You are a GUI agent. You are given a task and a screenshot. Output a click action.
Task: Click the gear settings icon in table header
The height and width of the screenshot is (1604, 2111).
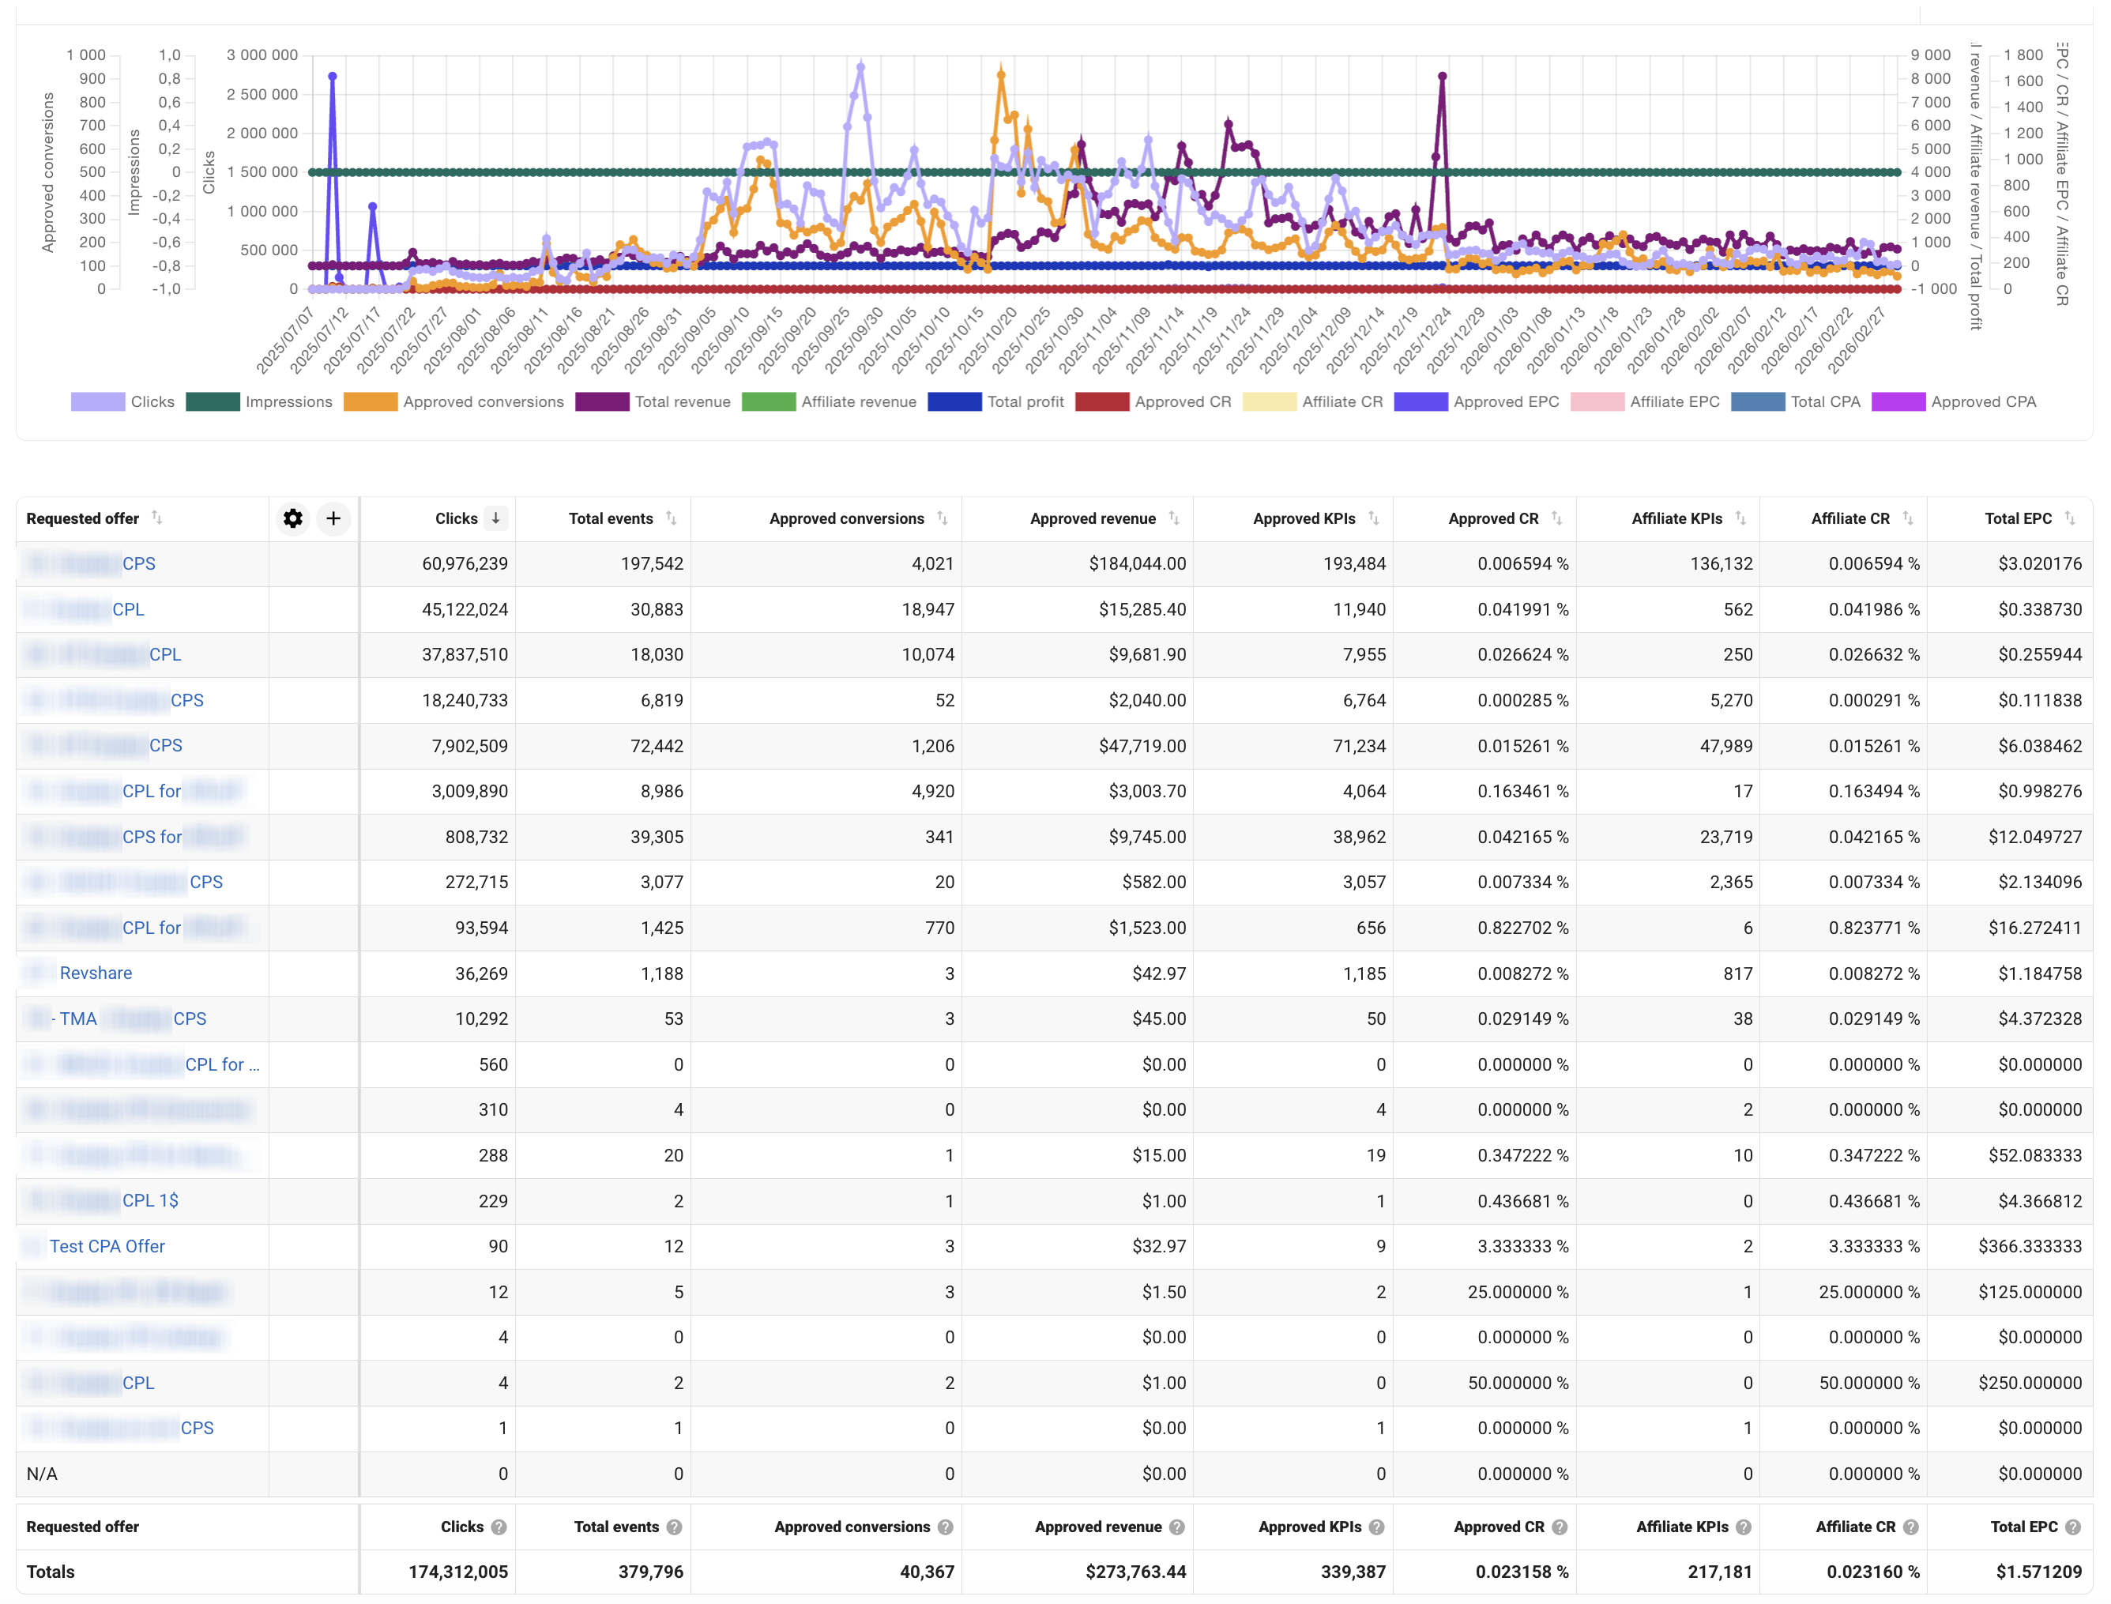coord(293,518)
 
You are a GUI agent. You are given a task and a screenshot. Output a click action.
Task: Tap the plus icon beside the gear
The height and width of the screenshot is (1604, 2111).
coord(333,518)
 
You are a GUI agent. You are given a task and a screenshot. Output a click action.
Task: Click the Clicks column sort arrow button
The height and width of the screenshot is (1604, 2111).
coord(495,518)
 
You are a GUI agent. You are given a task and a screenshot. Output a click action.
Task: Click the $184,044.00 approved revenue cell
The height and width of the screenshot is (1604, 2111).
coord(1137,564)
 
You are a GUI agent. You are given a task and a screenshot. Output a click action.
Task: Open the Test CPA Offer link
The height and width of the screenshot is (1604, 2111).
coord(107,1247)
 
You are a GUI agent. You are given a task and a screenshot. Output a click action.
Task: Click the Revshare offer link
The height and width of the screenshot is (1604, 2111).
coord(96,973)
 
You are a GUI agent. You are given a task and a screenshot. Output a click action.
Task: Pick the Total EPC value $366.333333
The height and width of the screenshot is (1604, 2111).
coord(2030,1247)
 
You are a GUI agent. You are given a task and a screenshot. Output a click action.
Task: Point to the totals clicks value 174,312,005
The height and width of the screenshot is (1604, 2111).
coord(458,1572)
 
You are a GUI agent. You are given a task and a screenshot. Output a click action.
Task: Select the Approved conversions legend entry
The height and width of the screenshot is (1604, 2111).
coord(454,402)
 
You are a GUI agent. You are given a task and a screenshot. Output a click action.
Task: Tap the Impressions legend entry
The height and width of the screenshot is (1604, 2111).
coord(260,402)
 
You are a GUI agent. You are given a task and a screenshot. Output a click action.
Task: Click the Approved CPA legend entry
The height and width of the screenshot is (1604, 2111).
coord(1955,402)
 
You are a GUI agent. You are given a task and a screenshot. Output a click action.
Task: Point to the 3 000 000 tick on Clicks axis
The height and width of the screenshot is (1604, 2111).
coord(262,55)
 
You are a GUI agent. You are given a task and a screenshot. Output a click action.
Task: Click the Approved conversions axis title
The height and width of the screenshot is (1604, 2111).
coord(47,172)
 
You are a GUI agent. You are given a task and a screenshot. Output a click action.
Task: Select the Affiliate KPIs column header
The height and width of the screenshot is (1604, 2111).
coord(1676,518)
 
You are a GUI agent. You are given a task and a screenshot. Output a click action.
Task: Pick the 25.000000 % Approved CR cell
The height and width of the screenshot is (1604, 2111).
coord(1517,1293)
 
